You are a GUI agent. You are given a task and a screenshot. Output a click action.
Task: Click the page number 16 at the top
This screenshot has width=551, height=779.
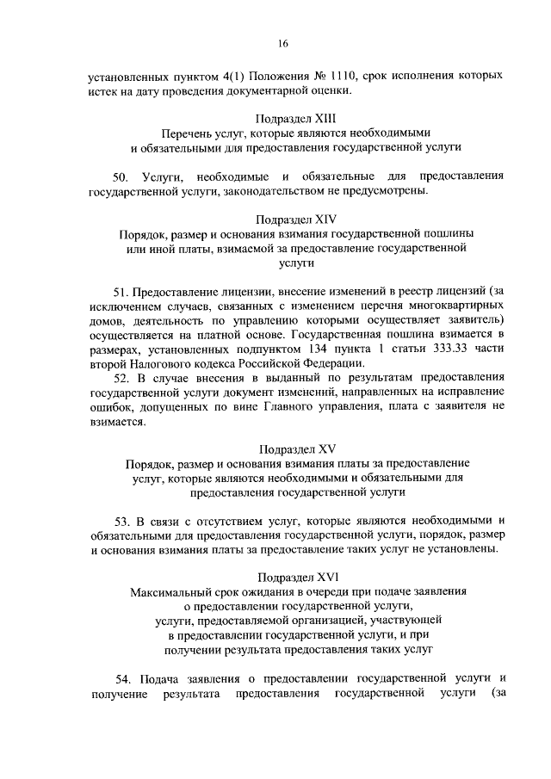pyautogui.click(x=282, y=44)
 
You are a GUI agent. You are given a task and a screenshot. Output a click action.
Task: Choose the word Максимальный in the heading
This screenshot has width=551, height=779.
pyautogui.click(x=170, y=593)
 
